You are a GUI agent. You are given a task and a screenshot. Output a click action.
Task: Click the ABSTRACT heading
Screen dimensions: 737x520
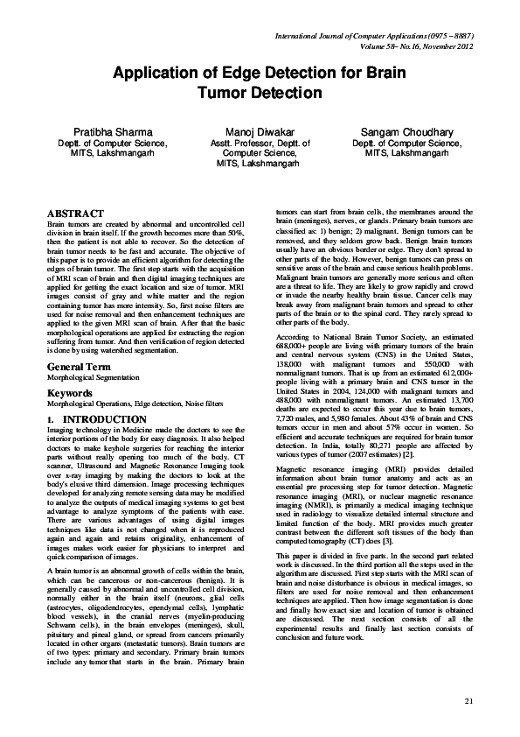point(75,213)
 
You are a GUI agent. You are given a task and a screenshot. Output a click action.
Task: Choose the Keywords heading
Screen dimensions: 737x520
point(69,393)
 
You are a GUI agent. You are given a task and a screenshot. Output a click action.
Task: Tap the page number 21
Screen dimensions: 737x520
point(468,700)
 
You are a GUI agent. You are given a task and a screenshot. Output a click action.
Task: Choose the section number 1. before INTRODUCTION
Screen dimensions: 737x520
point(51,420)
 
